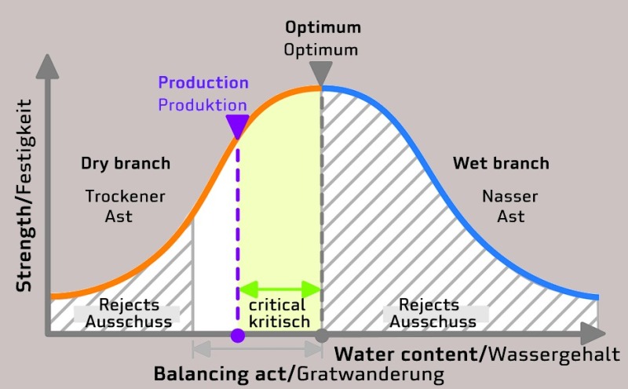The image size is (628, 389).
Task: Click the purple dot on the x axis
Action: [238, 336]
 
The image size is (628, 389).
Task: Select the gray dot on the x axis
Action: [322, 336]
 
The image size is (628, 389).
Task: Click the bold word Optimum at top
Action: [323, 28]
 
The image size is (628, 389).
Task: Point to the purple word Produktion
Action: [203, 105]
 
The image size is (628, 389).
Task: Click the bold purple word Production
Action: [203, 82]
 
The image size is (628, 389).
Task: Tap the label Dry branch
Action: [126, 163]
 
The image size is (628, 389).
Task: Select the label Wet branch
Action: [501, 163]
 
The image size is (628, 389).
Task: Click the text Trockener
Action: [126, 197]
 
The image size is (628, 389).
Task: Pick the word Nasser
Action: [509, 197]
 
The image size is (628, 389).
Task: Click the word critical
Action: [277, 305]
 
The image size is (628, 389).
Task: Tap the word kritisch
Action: [279, 322]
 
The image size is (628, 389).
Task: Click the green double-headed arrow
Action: [280, 289]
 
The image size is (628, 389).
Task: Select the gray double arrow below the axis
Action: [257, 349]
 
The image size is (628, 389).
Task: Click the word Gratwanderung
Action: [371, 375]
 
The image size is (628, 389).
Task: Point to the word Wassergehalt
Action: [555, 354]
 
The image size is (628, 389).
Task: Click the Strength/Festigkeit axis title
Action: [24, 195]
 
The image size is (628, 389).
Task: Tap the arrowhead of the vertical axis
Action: [47, 67]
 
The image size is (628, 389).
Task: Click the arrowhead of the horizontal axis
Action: [593, 333]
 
